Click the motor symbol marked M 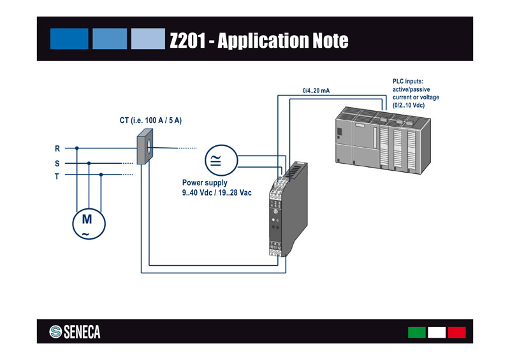click(x=87, y=224)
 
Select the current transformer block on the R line click(x=145, y=146)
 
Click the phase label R click(x=57, y=148)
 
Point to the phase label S click(x=57, y=163)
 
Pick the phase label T click(x=57, y=176)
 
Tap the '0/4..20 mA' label click(x=316, y=90)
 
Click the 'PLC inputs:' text click(x=408, y=82)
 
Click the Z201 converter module click(x=288, y=210)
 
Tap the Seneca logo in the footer click(x=75, y=332)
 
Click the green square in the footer click(x=417, y=332)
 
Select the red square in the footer click(x=456, y=332)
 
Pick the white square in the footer click(x=437, y=332)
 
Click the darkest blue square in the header click(x=69, y=38)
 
